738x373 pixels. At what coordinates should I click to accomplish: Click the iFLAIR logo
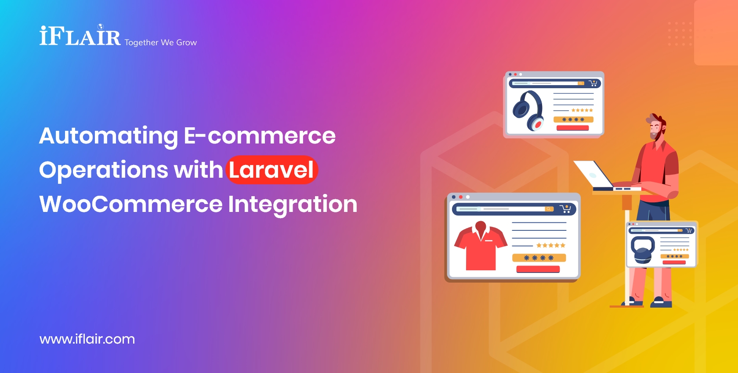pyautogui.click(x=80, y=36)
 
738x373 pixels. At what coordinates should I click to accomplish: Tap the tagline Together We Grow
pyautogui.click(x=160, y=43)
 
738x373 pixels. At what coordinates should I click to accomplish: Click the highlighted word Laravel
pyautogui.click(x=271, y=170)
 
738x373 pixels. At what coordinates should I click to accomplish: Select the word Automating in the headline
pyautogui.click(x=108, y=136)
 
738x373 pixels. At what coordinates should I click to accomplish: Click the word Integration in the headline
pyautogui.click(x=293, y=204)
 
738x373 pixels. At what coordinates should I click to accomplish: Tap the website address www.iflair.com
pyautogui.click(x=87, y=339)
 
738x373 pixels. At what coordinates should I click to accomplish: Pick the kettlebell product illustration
pyautogui.click(x=642, y=250)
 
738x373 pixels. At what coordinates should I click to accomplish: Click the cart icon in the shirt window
pyautogui.click(x=565, y=209)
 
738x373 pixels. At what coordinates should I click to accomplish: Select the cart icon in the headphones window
pyautogui.click(x=593, y=83)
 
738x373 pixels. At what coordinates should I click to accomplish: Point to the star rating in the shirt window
pyautogui.click(x=550, y=245)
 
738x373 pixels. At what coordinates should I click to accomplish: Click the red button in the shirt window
pyautogui.click(x=538, y=269)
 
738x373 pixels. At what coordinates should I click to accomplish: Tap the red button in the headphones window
pyautogui.click(x=572, y=128)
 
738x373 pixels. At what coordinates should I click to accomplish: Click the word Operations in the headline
pyautogui.click(x=103, y=170)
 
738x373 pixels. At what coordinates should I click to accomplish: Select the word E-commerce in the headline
pyautogui.click(x=260, y=136)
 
